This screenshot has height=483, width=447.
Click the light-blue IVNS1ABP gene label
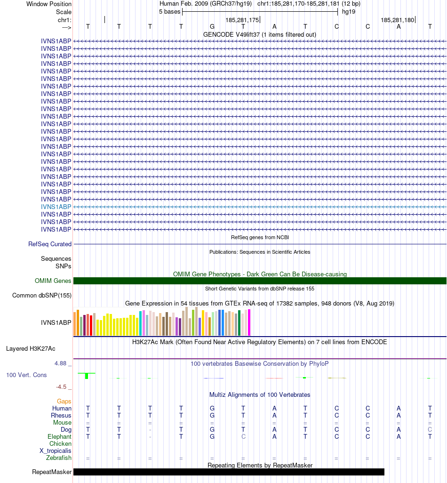[56, 207]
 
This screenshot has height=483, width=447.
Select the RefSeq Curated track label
[50, 244]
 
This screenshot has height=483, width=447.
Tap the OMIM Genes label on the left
[53, 281]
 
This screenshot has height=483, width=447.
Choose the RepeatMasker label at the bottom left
[52, 472]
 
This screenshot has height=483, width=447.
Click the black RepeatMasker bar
[229, 472]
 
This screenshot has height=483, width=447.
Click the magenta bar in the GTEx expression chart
[249, 322]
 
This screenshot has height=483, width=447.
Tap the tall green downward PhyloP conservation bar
[87, 376]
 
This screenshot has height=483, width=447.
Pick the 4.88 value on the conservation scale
[61, 363]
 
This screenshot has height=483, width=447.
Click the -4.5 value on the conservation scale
[62, 387]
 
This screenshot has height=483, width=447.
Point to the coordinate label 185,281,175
[242, 20]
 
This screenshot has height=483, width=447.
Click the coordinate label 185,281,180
[397, 20]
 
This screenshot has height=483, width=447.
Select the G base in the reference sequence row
[212, 26]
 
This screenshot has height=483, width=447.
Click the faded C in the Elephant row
[243, 436]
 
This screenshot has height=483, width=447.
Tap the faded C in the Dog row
[430, 429]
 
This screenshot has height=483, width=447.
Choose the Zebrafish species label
[59, 458]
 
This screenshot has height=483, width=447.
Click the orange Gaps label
[64, 401]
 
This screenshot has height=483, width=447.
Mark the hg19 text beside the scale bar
[349, 11]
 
